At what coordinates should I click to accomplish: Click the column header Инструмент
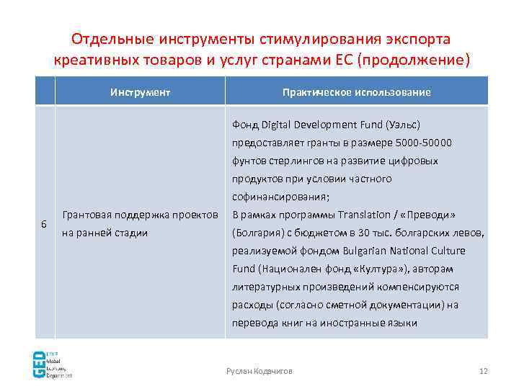point(140,92)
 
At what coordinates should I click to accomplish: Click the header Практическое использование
point(357,92)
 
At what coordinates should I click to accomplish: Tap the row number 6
point(44,224)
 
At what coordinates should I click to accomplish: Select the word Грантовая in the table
point(87,215)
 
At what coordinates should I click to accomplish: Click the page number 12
point(483,370)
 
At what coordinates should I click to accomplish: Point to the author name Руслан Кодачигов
point(259,370)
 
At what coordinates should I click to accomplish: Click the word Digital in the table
point(275,125)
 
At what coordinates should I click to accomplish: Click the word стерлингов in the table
point(293,161)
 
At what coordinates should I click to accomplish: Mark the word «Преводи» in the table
point(435,215)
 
